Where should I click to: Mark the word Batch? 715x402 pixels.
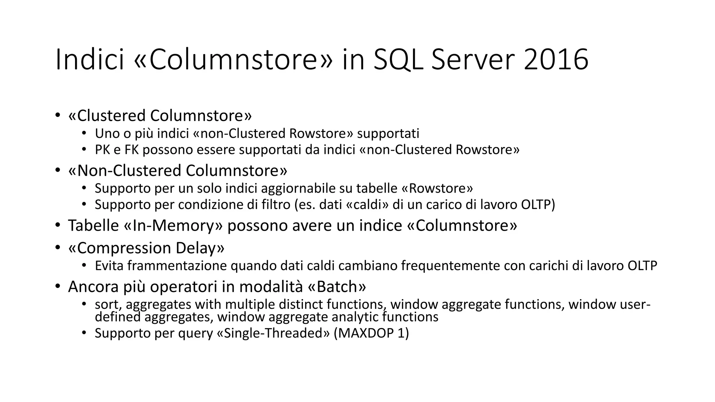[337, 287]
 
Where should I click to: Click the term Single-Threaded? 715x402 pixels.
[273, 333]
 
